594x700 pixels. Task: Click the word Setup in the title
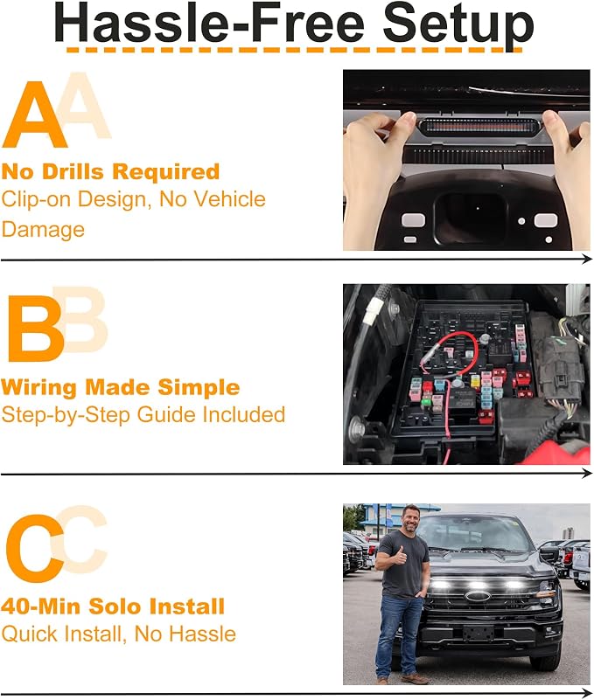point(458,24)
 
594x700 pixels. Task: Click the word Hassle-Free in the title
point(210,23)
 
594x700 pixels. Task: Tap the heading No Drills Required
point(110,171)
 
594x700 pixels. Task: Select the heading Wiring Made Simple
point(120,387)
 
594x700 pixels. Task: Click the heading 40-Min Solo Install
point(113,606)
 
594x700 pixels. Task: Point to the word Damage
point(43,230)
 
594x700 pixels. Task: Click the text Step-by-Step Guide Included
point(143,415)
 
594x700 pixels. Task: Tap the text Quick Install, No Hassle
point(118,634)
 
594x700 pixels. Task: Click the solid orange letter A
point(34,114)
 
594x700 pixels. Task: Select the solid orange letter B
point(36,328)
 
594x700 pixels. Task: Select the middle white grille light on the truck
point(478,584)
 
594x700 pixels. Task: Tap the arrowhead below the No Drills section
point(587,259)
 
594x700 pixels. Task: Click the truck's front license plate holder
point(479,632)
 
